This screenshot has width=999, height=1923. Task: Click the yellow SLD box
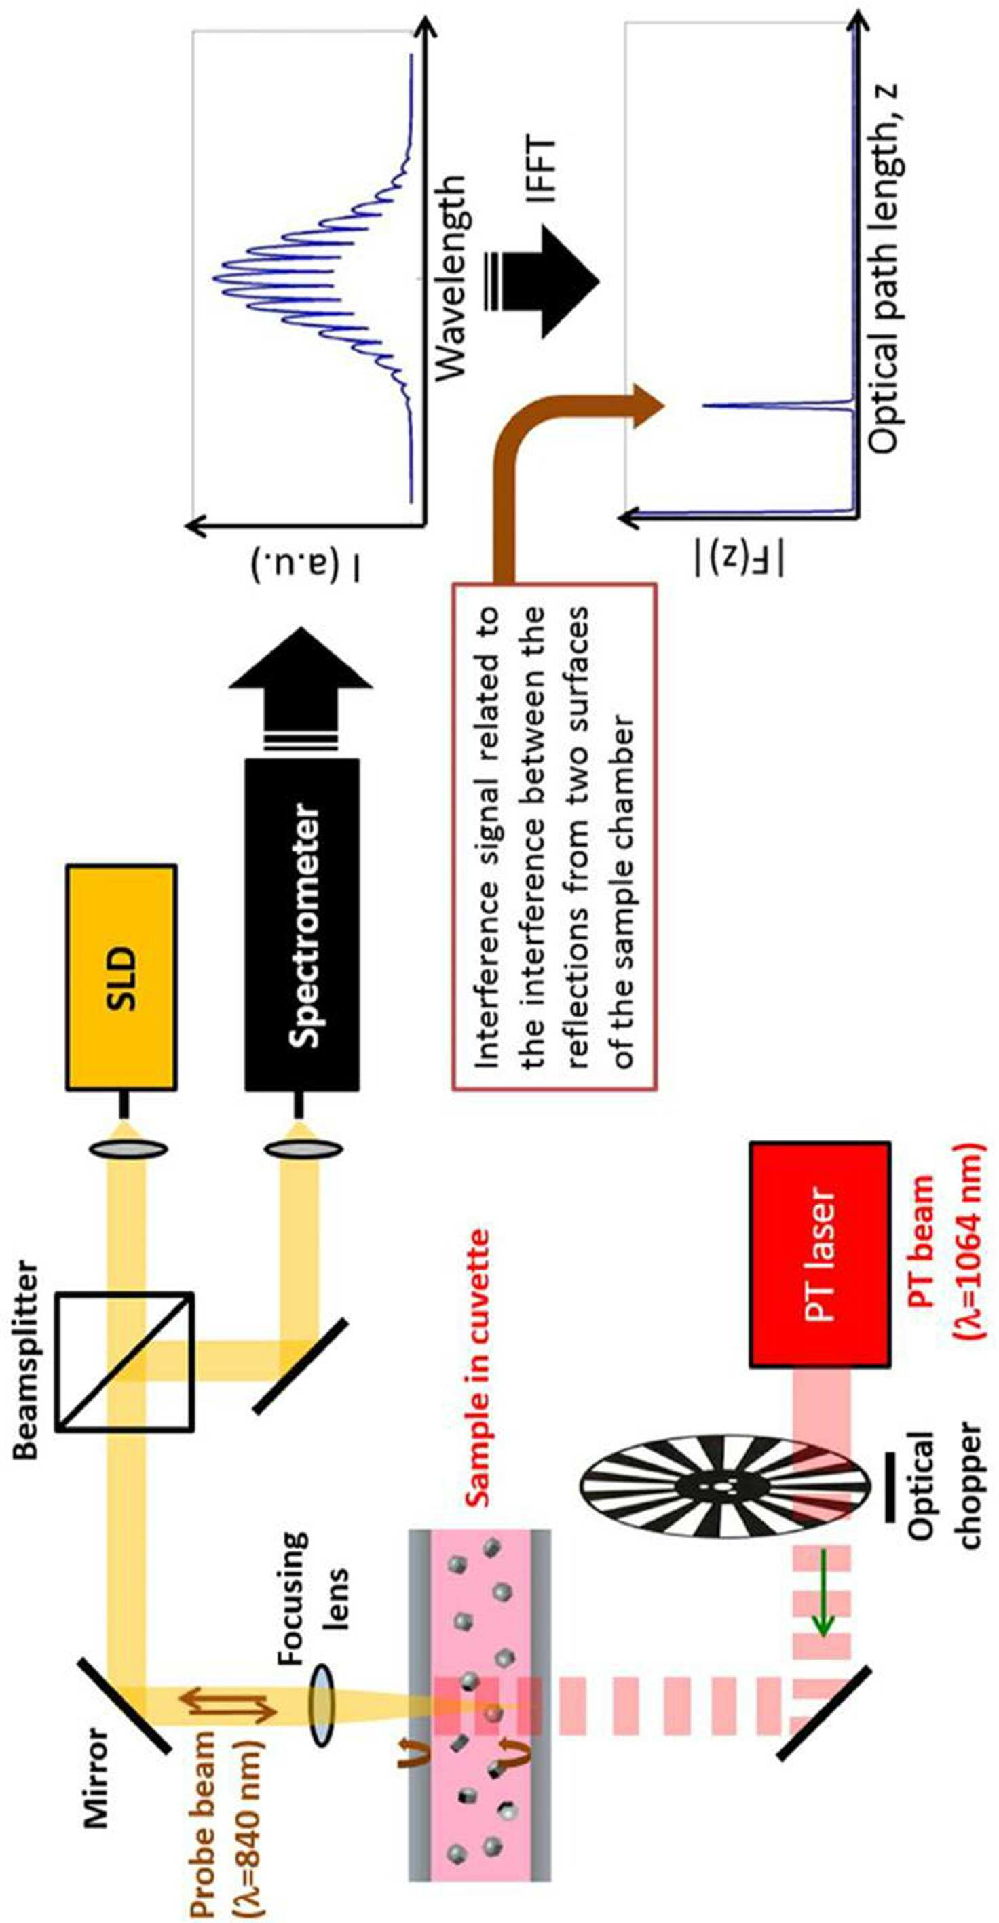121,977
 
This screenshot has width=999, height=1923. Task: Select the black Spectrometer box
303,925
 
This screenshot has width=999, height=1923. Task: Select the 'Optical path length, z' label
885,268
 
